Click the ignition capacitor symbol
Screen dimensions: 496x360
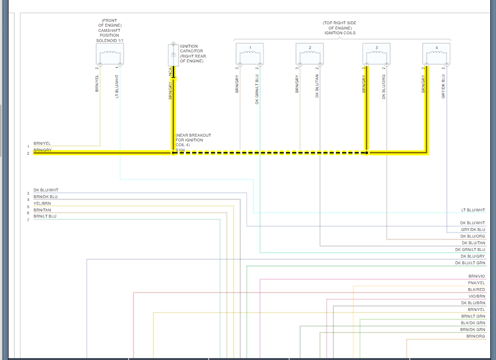[173, 55]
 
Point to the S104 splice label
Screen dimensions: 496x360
[180, 150]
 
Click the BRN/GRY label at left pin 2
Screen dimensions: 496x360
[42, 150]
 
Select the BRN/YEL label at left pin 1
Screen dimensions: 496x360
[42, 143]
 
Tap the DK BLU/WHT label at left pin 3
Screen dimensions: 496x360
[46, 190]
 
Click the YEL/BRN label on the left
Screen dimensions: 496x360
[42, 203]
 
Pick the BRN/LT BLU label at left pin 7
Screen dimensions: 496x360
[45, 217]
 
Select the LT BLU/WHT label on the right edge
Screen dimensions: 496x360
[473, 210]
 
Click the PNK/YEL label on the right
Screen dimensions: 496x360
[476, 283]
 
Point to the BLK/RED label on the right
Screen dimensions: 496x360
[476, 290]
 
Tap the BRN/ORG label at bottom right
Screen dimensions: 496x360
[476, 336]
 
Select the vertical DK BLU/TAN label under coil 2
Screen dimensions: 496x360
[317, 86]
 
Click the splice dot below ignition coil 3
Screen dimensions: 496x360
[367, 153]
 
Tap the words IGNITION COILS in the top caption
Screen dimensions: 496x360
[340, 33]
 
